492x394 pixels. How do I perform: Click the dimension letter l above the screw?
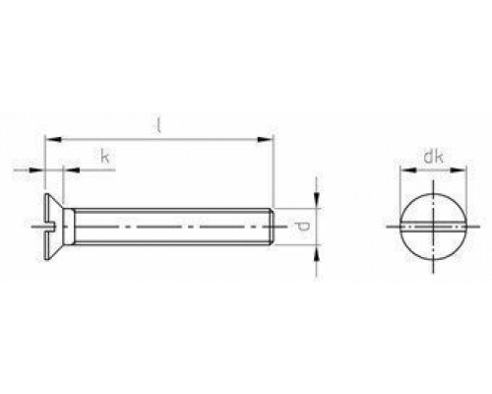158,125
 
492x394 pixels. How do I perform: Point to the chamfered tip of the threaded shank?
270,228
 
